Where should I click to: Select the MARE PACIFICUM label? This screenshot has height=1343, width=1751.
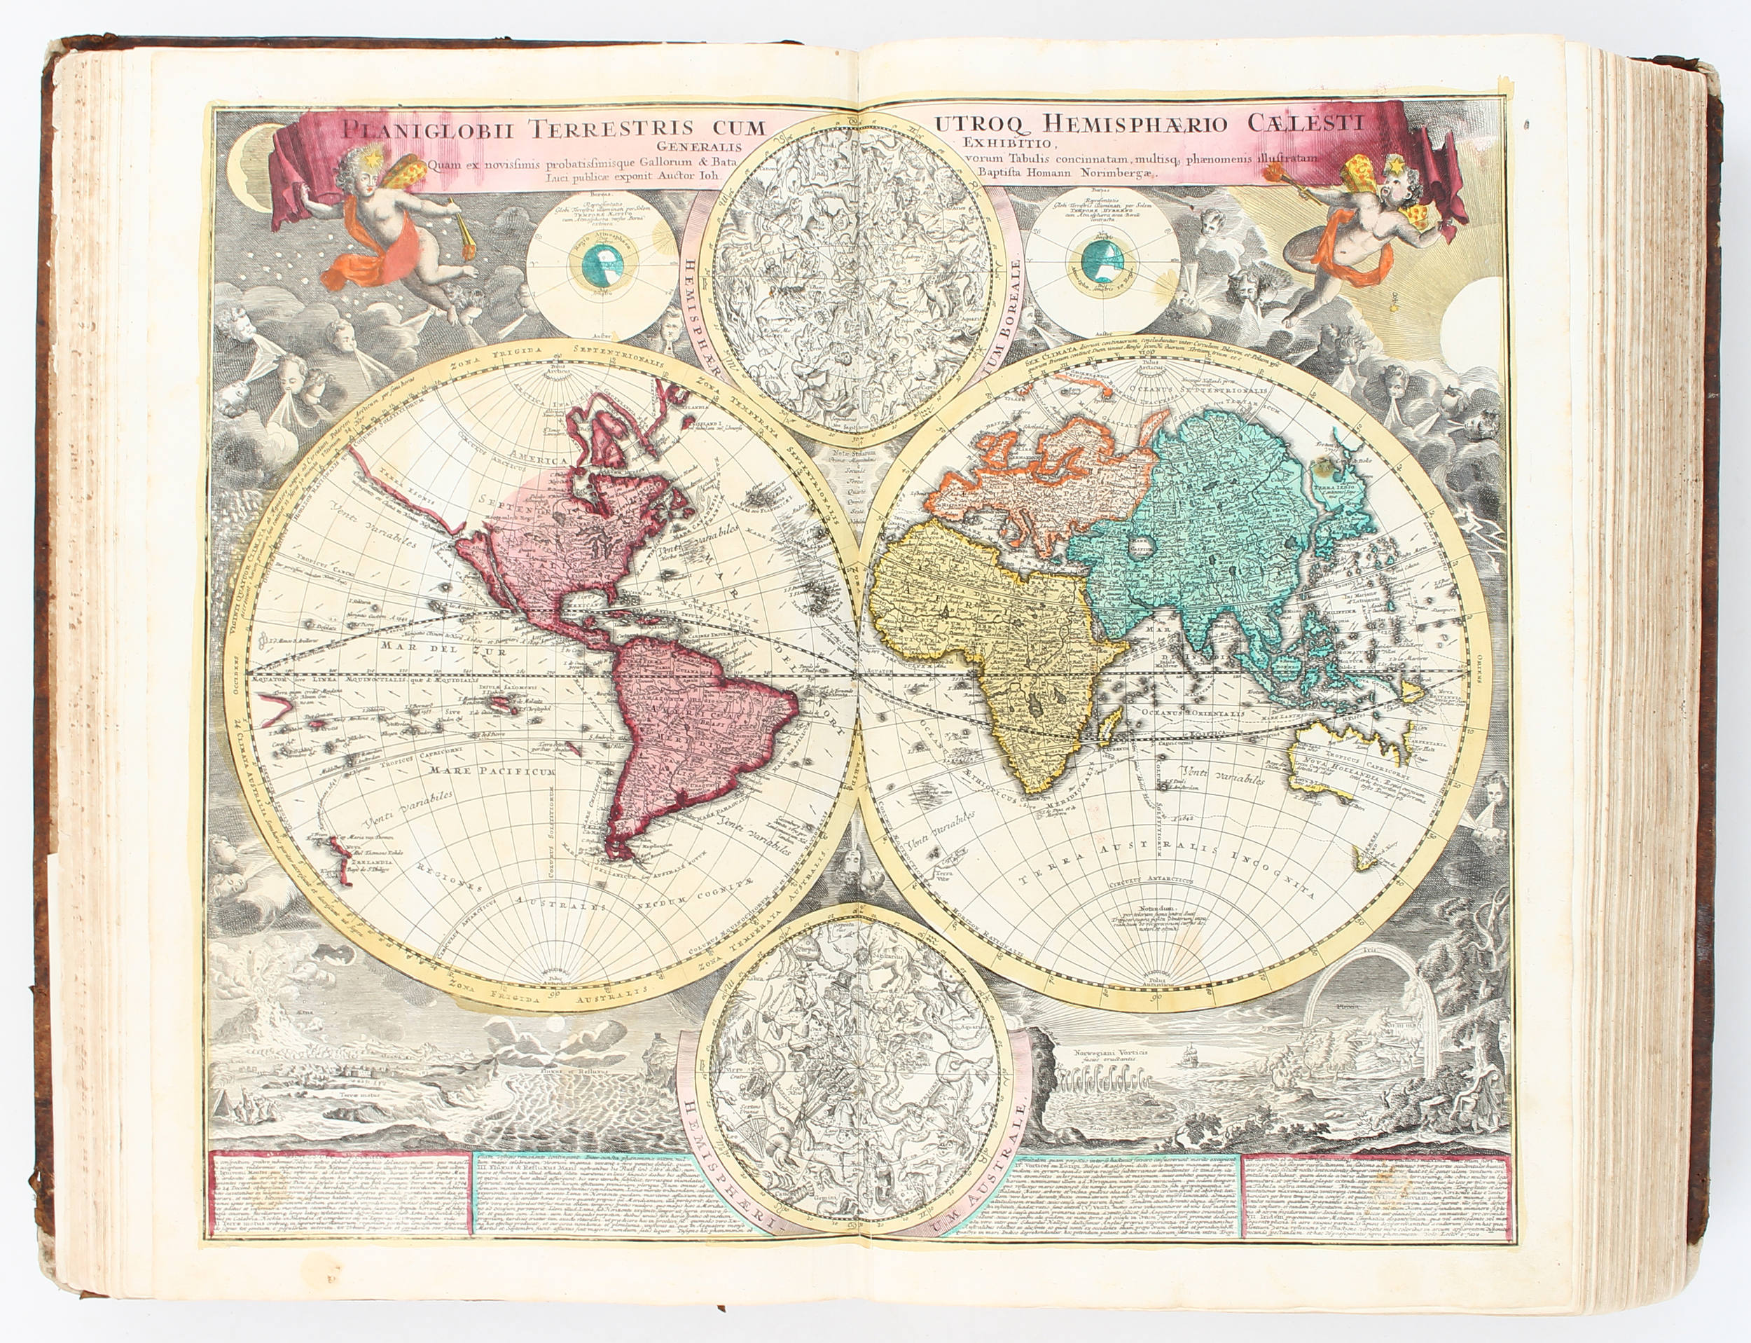pyautogui.click(x=491, y=771)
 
